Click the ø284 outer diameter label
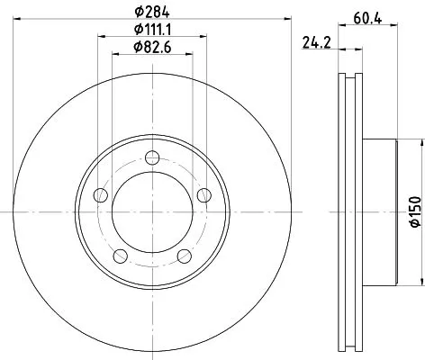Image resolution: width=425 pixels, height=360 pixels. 152,12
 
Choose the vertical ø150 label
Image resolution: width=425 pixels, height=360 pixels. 414,210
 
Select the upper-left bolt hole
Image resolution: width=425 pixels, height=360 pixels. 101,195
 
